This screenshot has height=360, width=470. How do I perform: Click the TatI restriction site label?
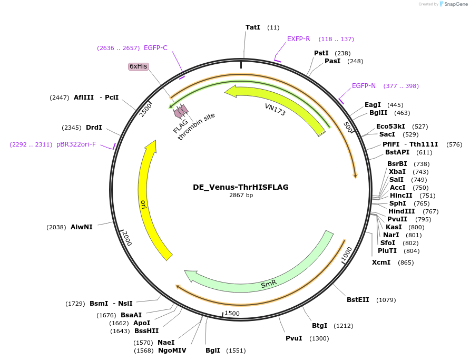(253, 27)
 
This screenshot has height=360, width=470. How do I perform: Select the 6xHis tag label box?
(139, 66)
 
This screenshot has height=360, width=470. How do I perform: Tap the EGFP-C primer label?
(155, 48)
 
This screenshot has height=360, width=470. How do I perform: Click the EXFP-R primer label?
(299, 39)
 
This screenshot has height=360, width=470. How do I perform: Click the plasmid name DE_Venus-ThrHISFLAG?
(241, 187)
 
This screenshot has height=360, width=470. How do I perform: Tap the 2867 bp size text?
(241, 195)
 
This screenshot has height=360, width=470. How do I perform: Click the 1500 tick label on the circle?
(232, 313)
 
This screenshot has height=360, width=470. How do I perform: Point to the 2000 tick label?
(127, 238)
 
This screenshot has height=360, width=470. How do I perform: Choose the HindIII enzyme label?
(402, 211)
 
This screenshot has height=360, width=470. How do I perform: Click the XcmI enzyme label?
(381, 262)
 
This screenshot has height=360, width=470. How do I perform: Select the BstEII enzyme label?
(358, 300)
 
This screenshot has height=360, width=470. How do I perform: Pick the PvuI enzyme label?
(294, 338)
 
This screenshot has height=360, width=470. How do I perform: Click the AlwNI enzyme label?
(82, 227)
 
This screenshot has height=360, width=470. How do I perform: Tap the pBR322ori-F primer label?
(76, 144)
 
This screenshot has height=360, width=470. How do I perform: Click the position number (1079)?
(386, 300)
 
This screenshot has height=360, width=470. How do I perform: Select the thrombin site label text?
(197, 126)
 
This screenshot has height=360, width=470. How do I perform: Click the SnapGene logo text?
(456, 4)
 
